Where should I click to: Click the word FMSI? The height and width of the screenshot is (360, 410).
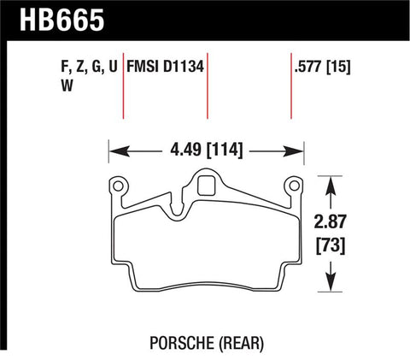click(144, 64)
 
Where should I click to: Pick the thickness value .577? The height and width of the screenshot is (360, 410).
click(303, 64)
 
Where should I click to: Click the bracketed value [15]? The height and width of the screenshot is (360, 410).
click(339, 64)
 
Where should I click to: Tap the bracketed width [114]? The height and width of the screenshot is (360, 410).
click(222, 150)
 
